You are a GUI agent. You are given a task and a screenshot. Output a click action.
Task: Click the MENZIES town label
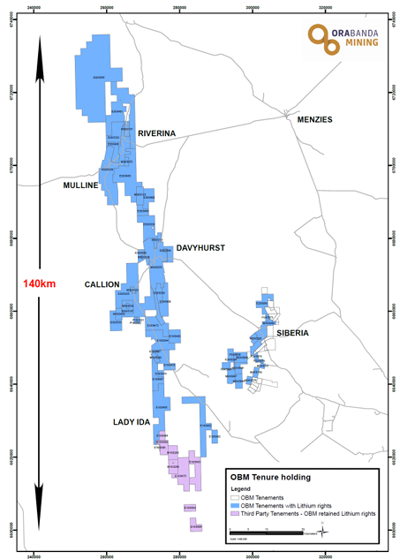click(315, 119)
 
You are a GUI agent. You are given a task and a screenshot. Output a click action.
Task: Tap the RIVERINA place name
click(157, 133)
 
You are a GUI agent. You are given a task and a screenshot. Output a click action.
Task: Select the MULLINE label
click(80, 185)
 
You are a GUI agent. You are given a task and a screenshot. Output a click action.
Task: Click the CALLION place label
click(102, 284)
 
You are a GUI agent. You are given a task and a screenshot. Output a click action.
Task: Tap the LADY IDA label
click(132, 422)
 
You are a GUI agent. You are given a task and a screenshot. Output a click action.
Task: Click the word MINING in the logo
click(357, 42)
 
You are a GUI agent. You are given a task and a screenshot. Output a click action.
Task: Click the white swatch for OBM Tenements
click(235, 498)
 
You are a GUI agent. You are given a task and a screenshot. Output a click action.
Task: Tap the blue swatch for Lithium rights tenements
click(235, 505)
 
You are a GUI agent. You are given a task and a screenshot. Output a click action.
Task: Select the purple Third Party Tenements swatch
click(235, 512)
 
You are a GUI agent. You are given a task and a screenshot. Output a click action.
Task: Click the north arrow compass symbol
click(324, 527)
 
